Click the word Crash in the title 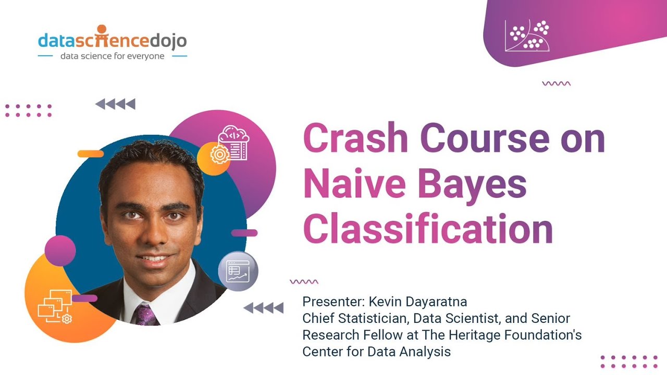pyautogui.click(x=355, y=139)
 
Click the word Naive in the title pyautogui.click(x=356, y=184)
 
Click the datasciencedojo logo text pyautogui.click(x=112, y=40)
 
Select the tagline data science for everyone pyautogui.click(x=112, y=56)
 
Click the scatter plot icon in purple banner pyautogui.click(x=527, y=35)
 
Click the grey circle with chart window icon pyautogui.click(x=238, y=271)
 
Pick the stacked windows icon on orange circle pyautogui.click(x=54, y=307)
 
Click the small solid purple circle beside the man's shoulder pyautogui.click(x=60, y=251)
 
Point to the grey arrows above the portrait pyautogui.click(x=115, y=104)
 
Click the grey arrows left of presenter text pyautogui.click(x=263, y=308)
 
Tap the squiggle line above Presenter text pyautogui.click(x=304, y=282)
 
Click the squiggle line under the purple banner pyautogui.click(x=556, y=83)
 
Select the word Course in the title pyautogui.click(x=484, y=139)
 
